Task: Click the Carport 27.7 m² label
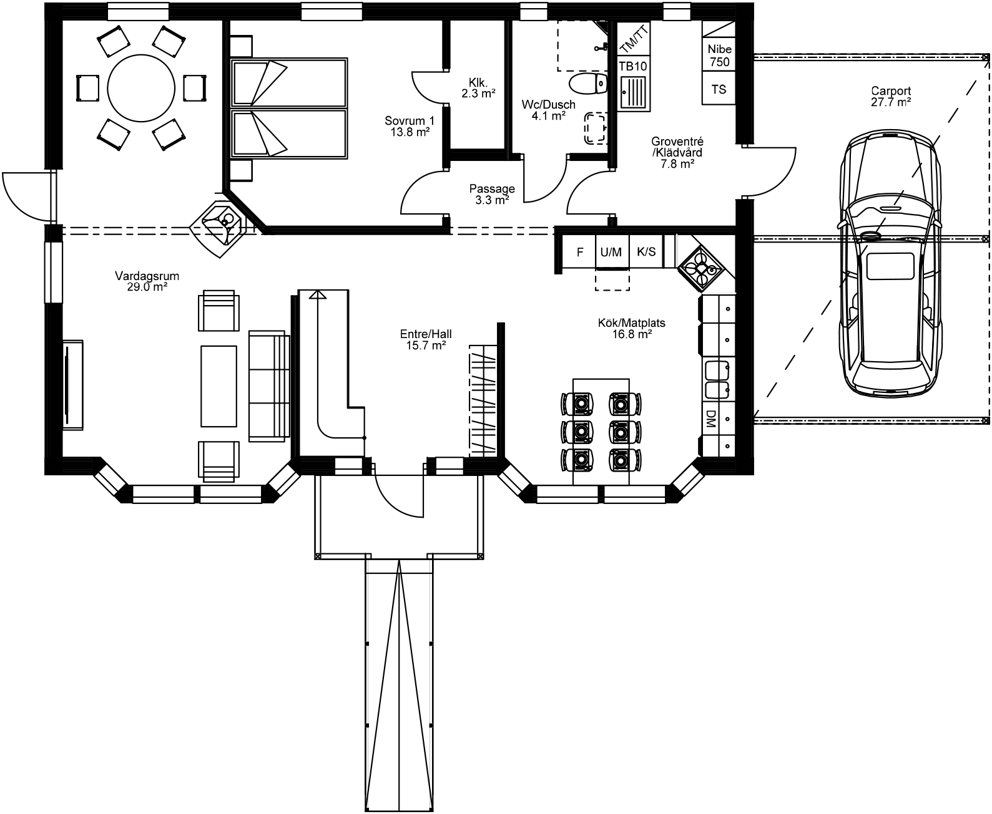pyautogui.click(x=890, y=97)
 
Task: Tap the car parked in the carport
pyautogui.click(x=890, y=265)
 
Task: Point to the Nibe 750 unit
pyautogui.click(x=719, y=55)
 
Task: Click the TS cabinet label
pyautogui.click(x=719, y=89)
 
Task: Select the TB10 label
pyautogui.click(x=633, y=66)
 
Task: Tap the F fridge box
pyautogui.click(x=579, y=252)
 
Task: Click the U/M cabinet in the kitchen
pyautogui.click(x=611, y=252)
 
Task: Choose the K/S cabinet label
pyautogui.click(x=646, y=252)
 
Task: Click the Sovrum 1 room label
pyautogui.click(x=410, y=127)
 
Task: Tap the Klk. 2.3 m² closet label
pyautogui.click(x=478, y=88)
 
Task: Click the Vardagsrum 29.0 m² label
pyautogui.click(x=143, y=281)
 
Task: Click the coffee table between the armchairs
pyautogui.click(x=219, y=386)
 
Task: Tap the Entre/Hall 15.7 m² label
pyautogui.click(x=426, y=339)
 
